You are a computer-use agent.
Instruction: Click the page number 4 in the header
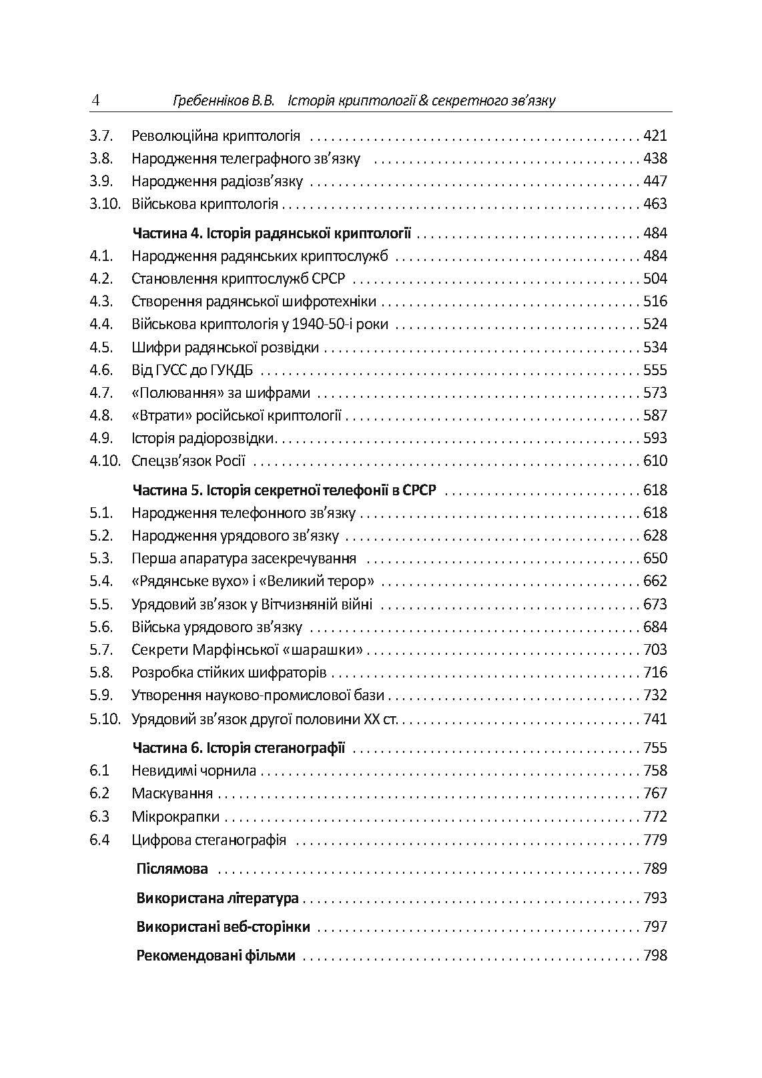[x=95, y=101]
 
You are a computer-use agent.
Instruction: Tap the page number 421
[x=655, y=136]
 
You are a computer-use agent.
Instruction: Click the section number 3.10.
[x=105, y=204]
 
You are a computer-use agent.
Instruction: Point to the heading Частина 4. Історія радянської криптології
[x=272, y=234]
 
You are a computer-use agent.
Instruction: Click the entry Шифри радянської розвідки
[x=225, y=348]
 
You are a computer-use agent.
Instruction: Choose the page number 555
[x=655, y=370]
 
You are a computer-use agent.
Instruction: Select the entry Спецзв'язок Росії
[x=188, y=461]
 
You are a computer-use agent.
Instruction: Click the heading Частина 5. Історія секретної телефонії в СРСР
[x=284, y=491]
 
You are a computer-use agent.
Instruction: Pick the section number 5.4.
[x=101, y=581]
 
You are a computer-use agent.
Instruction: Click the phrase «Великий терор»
[x=322, y=581]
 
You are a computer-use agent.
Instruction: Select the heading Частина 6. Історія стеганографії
[x=239, y=748]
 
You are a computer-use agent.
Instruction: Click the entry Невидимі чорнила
[x=194, y=771]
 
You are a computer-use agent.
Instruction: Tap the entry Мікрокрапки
[x=175, y=817]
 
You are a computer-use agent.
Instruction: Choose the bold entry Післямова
[x=172, y=869]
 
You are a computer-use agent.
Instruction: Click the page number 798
[x=655, y=956]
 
